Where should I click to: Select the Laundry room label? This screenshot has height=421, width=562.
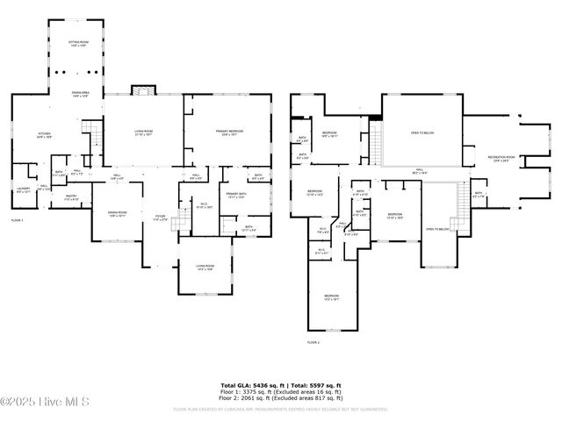tap(24, 189)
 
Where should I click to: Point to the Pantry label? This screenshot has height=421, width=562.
tap(72, 199)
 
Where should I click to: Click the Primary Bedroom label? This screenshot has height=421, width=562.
tap(229, 132)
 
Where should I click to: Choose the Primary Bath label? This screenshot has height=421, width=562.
tap(236, 196)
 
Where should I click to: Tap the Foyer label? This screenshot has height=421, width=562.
tap(160, 217)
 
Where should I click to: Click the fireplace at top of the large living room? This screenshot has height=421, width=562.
tap(142, 89)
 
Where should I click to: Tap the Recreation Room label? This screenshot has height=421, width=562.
tap(501, 159)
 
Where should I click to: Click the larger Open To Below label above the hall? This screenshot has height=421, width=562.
tap(421, 133)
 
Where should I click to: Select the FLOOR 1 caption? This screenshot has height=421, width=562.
tap(18, 219)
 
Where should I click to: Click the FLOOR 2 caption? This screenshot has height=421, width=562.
tap(313, 342)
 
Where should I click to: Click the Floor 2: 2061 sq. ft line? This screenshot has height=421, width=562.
tap(280, 397)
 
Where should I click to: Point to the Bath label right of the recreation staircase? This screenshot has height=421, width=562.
tap(478, 194)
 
